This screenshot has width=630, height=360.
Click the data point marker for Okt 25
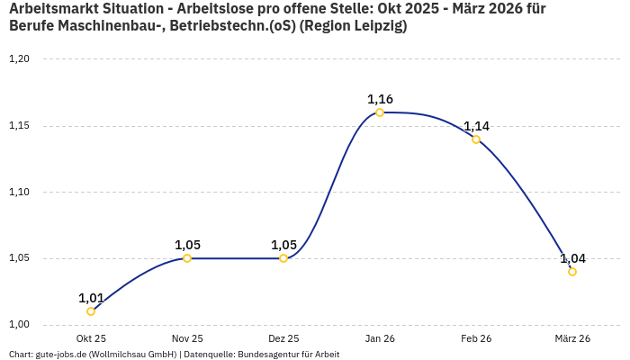pyautogui.click(x=91, y=311)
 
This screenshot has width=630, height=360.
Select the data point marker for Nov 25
pyautogui.click(x=187, y=258)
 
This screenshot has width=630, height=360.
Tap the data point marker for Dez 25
pyautogui.click(x=283, y=258)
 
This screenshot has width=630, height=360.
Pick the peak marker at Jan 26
pyautogui.click(x=380, y=112)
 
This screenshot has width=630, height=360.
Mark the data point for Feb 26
pyautogui.click(x=476, y=139)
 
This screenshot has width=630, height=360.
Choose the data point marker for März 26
pyautogui.click(x=572, y=272)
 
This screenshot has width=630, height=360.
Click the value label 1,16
pyautogui.click(x=380, y=99)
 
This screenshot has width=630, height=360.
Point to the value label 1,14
pyautogui.click(x=476, y=126)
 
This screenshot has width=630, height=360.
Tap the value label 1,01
pyautogui.click(x=91, y=298)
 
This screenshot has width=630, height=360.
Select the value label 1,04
pyautogui.click(x=572, y=258)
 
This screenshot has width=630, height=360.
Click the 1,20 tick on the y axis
pyautogui.click(x=19, y=59)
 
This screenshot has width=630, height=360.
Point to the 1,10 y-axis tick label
pyautogui.click(x=19, y=192)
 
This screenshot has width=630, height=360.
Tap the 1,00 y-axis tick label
pyautogui.click(x=19, y=325)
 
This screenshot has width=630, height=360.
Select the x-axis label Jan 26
pyautogui.click(x=380, y=338)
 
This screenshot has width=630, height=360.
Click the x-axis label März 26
pyautogui.click(x=572, y=338)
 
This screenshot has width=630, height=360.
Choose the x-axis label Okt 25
pyautogui.click(x=91, y=338)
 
